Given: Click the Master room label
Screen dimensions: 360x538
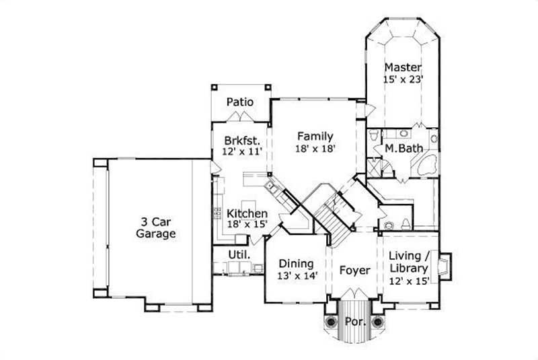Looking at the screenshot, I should (403, 67).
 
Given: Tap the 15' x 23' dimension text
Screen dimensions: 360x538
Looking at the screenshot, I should (403, 79).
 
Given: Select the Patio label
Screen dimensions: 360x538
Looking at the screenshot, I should (239, 102).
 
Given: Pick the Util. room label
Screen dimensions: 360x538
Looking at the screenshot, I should (240, 255).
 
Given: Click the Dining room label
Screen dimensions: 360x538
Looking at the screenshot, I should (297, 264).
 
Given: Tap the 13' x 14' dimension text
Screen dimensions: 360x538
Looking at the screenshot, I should (297, 277).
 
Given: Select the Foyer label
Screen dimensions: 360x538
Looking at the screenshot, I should (354, 270).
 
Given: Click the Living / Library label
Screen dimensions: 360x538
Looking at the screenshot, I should (409, 262).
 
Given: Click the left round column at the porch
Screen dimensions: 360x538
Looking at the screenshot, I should (332, 322).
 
